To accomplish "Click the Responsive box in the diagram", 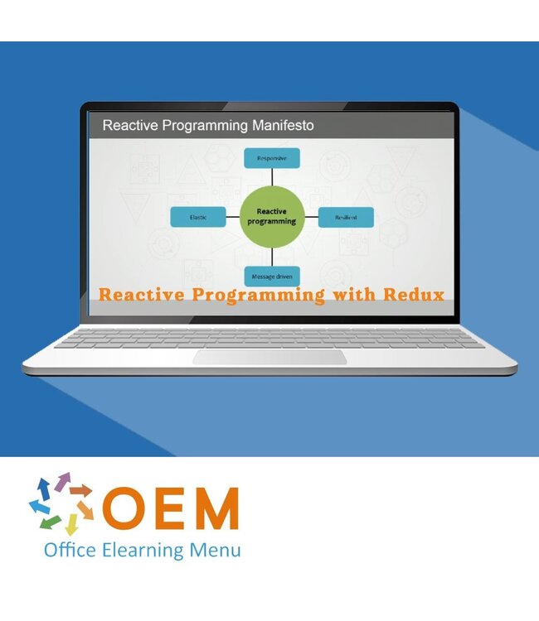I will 271,158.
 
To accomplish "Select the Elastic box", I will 197,217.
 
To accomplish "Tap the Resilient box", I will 346,217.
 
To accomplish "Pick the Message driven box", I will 271,277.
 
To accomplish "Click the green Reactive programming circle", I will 271,217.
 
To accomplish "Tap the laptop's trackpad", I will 270,357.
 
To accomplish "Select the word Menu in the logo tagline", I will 218,550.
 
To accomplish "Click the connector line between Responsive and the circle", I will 271,178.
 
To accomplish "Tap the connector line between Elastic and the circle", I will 233,217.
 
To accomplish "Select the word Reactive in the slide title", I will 129,126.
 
